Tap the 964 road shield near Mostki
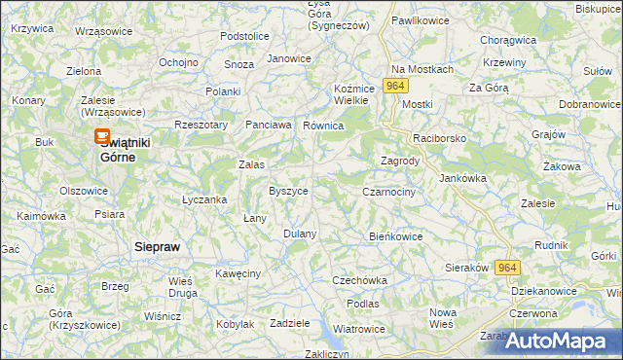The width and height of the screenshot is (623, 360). coord(394,86)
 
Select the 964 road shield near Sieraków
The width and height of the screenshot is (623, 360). coord(506,267)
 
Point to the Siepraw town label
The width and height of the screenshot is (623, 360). coord(157,247)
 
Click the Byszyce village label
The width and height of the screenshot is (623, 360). coord(288,191)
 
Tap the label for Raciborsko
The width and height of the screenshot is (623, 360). coord(439,139)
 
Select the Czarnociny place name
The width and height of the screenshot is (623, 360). coord(388,193)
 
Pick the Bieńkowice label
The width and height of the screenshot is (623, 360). coord(396,235)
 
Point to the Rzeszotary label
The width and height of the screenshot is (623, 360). coord(201,125)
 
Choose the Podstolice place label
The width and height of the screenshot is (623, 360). coord(244,36)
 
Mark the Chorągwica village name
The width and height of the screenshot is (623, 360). coord(509,40)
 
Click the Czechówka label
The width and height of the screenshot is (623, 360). coord(359,280)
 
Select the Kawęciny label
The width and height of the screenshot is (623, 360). coord(238,273)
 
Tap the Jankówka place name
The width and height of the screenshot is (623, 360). coord(462,178)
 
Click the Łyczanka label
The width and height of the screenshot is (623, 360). coord(204,199)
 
